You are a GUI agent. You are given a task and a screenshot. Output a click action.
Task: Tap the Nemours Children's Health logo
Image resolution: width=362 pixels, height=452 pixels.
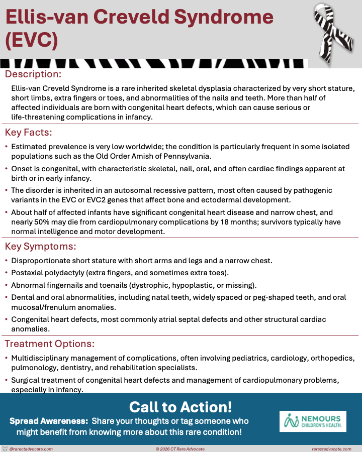[x=313, y=421]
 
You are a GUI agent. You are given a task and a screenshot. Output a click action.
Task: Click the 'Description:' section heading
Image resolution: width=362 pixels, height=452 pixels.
[x=33, y=74]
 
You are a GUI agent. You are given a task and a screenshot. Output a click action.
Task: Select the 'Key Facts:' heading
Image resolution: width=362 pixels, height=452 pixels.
[x=29, y=133]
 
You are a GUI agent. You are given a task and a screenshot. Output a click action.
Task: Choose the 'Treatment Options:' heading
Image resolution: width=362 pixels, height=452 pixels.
[x=50, y=344]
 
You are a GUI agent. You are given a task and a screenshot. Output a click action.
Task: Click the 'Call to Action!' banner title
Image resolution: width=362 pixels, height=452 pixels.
[x=180, y=406]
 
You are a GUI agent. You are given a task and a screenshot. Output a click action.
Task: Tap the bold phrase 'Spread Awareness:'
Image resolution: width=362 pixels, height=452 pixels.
[x=48, y=421]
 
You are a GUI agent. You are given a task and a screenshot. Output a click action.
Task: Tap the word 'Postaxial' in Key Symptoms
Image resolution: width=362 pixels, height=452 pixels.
[x=29, y=273]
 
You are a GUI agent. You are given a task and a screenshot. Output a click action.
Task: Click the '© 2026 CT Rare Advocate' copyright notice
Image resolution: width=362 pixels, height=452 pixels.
[x=180, y=448]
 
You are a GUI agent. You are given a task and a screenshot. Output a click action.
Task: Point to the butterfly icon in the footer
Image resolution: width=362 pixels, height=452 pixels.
[x=5, y=448]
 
